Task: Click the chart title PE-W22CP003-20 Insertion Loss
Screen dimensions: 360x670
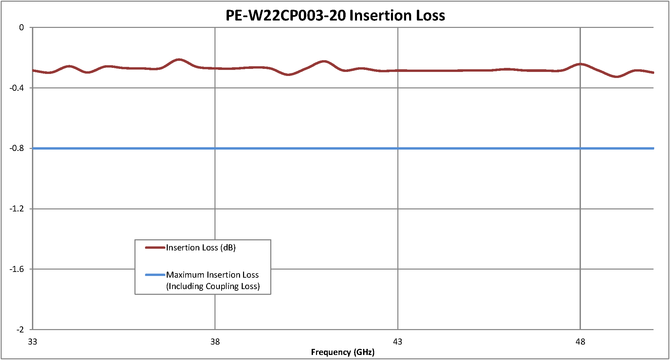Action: pos(335,15)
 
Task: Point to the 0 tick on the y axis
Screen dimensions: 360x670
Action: pos(22,28)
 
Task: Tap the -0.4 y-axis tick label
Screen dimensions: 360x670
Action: pos(17,88)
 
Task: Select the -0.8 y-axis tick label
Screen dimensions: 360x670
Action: pos(17,148)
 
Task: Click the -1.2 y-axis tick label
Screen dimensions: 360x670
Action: pos(17,209)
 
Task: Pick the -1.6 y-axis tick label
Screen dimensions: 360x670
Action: pos(17,269)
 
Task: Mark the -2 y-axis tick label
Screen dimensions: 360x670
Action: pos(20,329)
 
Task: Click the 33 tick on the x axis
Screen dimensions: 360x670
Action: pos(33,342)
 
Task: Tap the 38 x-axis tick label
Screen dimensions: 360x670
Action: pos(215,342)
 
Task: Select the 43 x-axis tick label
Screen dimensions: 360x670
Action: pos(398,342)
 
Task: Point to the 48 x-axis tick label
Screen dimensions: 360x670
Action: pos(580,342)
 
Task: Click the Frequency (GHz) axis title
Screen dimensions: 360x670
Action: pos(343,352)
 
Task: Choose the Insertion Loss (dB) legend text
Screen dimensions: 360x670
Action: pos(201,248)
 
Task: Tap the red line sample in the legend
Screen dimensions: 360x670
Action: pos(155,248)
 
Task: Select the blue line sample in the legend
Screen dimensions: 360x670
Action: pos(155,275)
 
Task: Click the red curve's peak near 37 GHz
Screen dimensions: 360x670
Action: pos(179,59)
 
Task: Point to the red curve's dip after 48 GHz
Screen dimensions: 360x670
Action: pos(617,77)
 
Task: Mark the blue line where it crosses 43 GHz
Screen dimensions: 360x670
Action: pos(398,148)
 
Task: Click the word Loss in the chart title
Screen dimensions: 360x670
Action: pos(430,15)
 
